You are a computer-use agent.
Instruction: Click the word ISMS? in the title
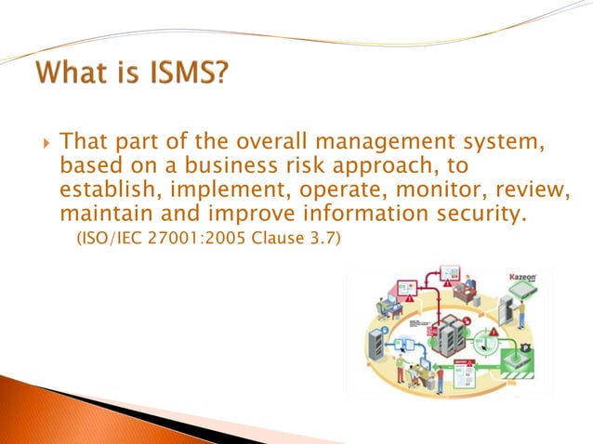click(x=184, y=72)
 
